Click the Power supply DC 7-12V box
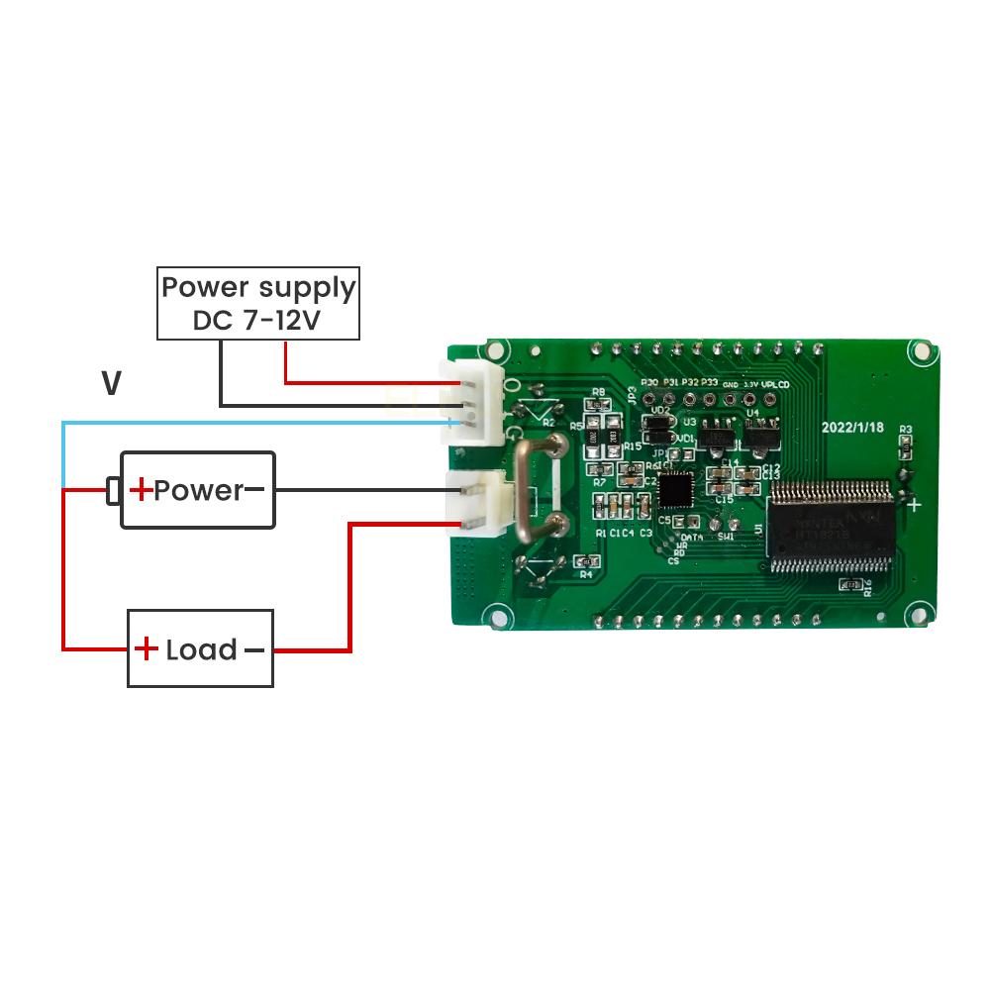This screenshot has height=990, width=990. (257, 304)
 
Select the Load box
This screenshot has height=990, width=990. (200, 649)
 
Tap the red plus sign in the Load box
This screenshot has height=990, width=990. (147, 649)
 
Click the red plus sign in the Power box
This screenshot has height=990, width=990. (142, 489)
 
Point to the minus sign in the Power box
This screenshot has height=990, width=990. (254, 489)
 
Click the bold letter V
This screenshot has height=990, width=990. (112, 384)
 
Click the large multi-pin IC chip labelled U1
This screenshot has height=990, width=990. (830, 526)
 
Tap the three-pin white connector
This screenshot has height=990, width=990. (474, 402)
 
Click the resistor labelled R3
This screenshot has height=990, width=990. (904, 445)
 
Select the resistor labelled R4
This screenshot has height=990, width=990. (585, 562)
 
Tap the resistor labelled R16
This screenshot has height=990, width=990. (849, 586)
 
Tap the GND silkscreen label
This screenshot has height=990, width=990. (731, 383)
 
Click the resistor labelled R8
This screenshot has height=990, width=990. (598, 404)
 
